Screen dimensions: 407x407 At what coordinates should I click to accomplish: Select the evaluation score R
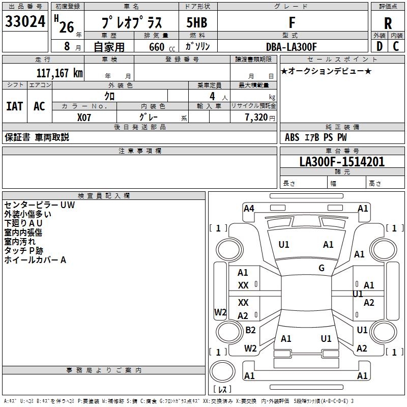click(x=388, y=23)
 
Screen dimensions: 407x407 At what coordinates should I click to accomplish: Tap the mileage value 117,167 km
click(x=60, y=73)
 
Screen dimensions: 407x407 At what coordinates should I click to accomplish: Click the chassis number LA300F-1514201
click(x=342, y=162)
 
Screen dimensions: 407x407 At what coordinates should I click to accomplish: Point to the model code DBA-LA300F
click(x=292, y=47)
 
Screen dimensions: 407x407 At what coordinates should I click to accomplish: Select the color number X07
click(x=84, y=117)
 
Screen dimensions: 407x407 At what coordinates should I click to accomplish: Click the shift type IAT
click(x=14, y=106)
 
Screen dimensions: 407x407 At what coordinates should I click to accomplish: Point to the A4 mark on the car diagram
click(x=249, y=208)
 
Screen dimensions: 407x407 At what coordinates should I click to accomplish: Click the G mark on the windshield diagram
click(x=322, y=268)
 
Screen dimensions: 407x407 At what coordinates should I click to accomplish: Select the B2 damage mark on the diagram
click(x=250, y=330)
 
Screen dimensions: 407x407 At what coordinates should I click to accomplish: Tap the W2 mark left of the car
click(x=220, y=312)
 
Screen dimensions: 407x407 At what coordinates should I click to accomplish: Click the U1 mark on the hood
click(x=284, y=245)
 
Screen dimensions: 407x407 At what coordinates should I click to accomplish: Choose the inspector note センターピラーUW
click(x=40, y=205)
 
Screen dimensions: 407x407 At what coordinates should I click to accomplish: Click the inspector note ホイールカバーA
click(x=35, y=260)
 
